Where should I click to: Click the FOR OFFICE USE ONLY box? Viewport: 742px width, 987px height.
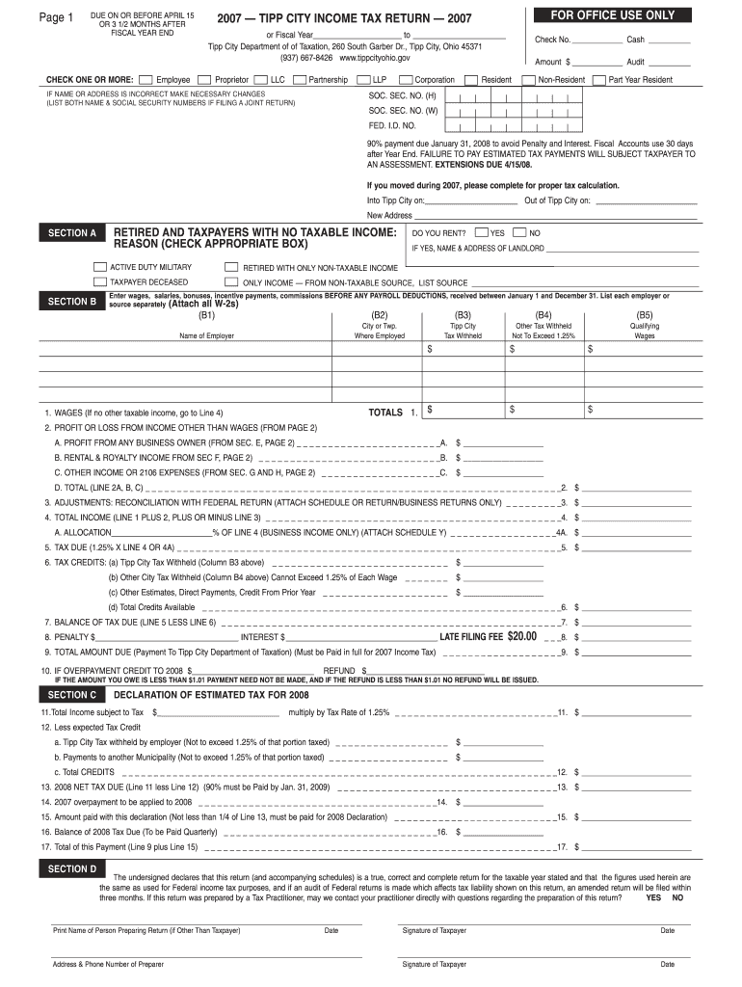pyautogui.click(x=612, y=15)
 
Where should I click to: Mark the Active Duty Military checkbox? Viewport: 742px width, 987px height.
pyautogui.click(x=99, y=267)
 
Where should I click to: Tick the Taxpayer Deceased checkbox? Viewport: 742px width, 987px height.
pyautogui.click(x=99, y=282)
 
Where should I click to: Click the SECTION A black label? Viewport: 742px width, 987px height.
pyautogui.click(x=71, y=233)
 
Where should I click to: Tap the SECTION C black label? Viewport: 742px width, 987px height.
pyautogui.click(x=71, y=694)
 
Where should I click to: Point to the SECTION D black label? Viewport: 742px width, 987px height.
pyautogui.click(x=71, y=868)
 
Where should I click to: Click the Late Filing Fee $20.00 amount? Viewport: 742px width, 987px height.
pyautogui.click(x=521, y=636)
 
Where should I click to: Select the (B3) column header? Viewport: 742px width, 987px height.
pyautogui.click(x=463, y=314)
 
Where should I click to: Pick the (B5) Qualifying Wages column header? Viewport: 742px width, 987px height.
pyautogui.click(x=644, y=314)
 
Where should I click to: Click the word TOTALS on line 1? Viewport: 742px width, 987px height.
pyautogui.click(x=385, y=412)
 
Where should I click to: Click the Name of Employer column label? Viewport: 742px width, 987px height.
pyautogui.click(x=207, y=336)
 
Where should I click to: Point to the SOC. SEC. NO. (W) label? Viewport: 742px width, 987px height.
pyautogui.click(x=403, y=111)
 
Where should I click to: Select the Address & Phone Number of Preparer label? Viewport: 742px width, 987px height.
pyautogui.click(x=105, y=964)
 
